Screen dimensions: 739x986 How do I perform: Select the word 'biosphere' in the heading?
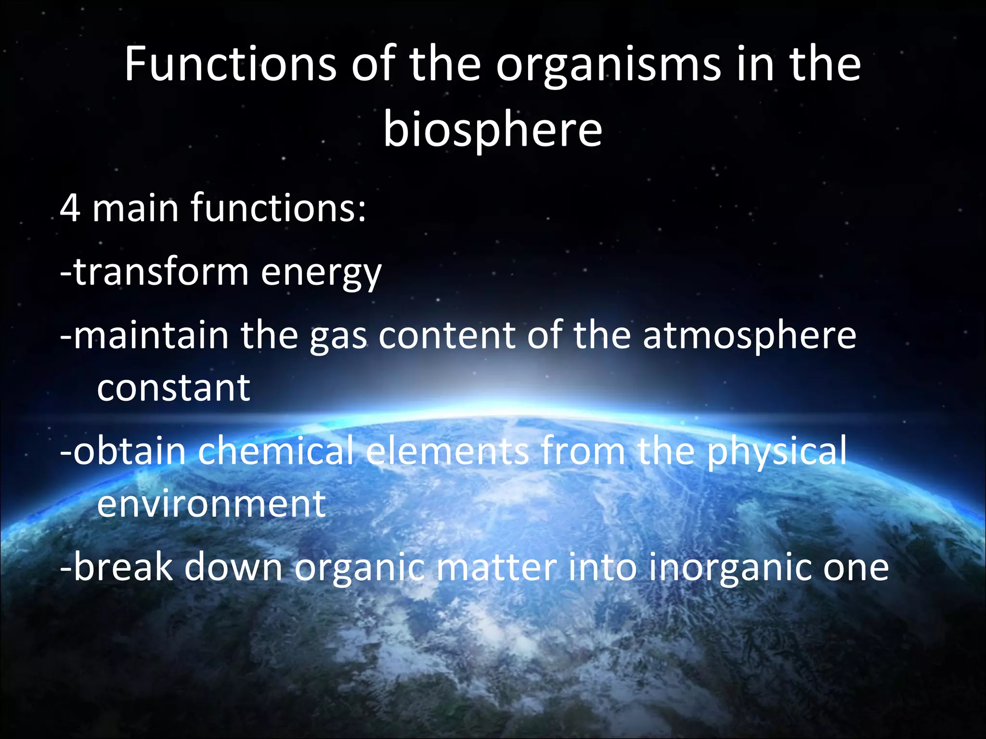point(493,130)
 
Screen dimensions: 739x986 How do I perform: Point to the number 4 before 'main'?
point(70,208)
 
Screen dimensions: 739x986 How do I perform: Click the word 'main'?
point(135,208)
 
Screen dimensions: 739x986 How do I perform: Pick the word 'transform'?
point(161,272)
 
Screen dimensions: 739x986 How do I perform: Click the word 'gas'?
point(338,337)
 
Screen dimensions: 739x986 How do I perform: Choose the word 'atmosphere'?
point(750,336)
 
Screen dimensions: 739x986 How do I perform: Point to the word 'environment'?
point(211,504)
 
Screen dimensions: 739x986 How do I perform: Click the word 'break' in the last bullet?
point(123,567)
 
